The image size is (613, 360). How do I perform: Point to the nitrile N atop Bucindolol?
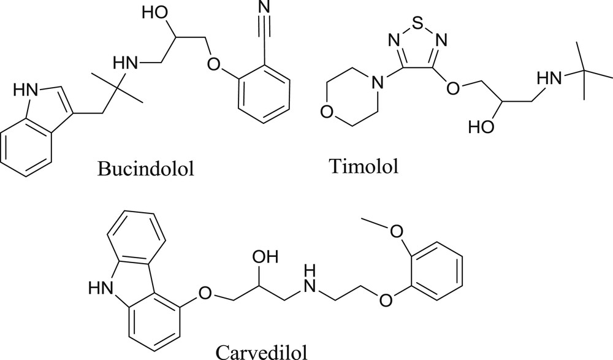pyautogui.click(x=264, y=7)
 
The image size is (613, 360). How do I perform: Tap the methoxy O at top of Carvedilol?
pyautogui.click(x=396, y=231)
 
